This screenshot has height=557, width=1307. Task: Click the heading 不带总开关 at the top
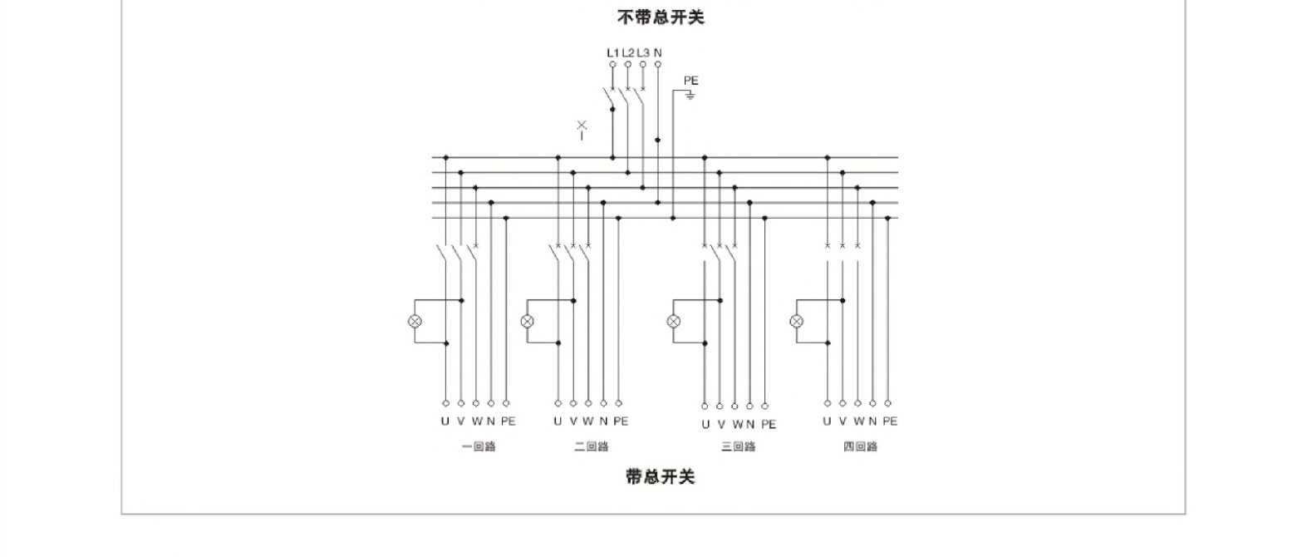pos(660,17)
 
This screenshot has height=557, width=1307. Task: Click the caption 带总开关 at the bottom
pos(660,476)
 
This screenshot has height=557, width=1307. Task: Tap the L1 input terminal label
pos(612,52)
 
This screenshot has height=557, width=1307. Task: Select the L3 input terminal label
pos(642,52)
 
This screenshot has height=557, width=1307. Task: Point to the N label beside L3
pos(658,52)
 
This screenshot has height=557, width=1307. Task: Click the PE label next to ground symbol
pos(690,81)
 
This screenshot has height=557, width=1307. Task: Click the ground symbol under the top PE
pos(690,96)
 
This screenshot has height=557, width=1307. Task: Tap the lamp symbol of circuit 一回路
pos(415,321)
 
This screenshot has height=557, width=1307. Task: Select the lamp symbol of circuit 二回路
pos(528,321)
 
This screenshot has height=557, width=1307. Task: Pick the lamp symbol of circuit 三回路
pos(674,321)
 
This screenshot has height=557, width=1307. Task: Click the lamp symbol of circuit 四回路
pos(796,321)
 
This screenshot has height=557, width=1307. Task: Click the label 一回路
pos(479,446)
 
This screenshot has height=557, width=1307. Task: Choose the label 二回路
pos(591,446)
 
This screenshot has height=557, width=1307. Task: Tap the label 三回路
pos(738,446)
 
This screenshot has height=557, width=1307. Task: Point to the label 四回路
pos(860,446)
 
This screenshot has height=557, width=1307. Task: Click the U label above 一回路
pos(445,421)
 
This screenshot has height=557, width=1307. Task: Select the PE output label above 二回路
pos(620,421)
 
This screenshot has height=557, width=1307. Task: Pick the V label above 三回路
pos(720,424)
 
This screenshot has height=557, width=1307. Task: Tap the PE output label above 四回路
pos(890,421)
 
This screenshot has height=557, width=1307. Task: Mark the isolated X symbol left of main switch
pos(582,126)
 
